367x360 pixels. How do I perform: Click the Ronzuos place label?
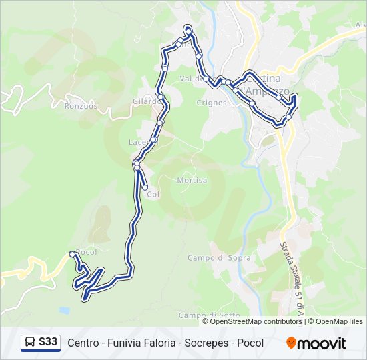pos(81,105)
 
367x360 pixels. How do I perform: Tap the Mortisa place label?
pos(192,181)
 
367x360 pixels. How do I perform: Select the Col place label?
pos(153,195)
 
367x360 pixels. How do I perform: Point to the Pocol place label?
pos(87,252)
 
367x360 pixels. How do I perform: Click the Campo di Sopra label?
pos(210,258)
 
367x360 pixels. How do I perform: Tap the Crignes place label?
pos(212,103)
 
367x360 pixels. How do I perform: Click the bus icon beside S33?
pos(30,343)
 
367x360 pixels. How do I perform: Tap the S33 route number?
pos(48,343)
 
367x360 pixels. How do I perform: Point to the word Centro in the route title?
pos(85,343)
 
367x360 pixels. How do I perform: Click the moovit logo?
pos(316,343)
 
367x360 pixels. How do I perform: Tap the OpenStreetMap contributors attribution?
pos(256,321)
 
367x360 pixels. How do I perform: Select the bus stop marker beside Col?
pos(145,187)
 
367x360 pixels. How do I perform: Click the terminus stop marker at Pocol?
pos(72,253)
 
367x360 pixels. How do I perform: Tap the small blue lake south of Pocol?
pos(63,310)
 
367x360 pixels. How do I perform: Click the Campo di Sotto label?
pos(209,315)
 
